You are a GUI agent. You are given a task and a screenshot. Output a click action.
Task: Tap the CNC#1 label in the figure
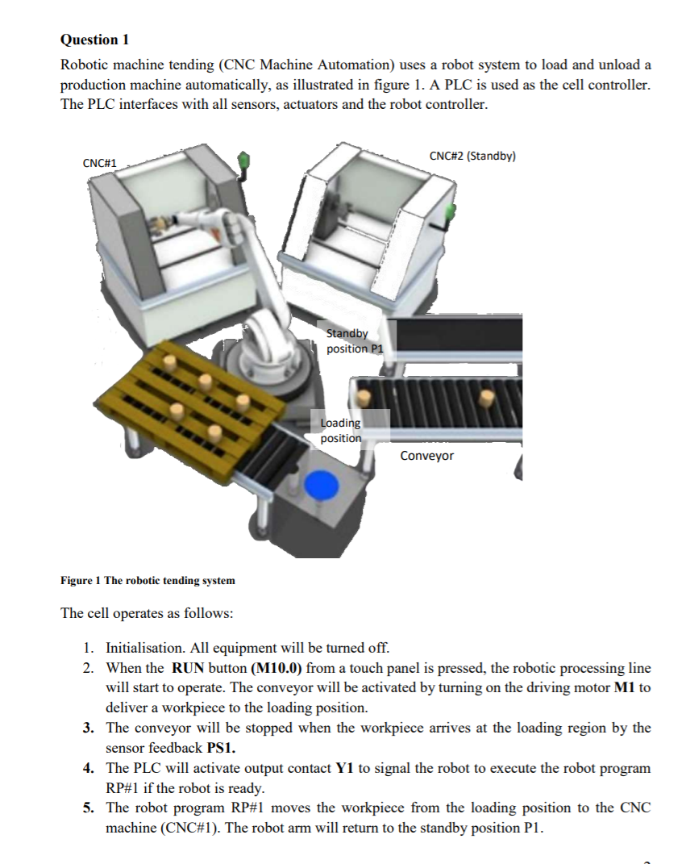(x=100, y=163)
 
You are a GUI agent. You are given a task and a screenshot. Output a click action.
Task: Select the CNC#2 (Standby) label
(x=472, y=156)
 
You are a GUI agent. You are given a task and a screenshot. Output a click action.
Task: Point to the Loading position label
(x=341, y=430)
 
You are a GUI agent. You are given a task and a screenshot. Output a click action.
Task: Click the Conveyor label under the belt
(x=426, y=456)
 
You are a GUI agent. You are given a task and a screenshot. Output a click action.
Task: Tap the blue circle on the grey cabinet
(x=323, y=484)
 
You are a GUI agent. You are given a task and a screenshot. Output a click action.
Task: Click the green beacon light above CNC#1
(x=244, y=158)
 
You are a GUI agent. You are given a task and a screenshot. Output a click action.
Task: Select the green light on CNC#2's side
(x=451, y=212)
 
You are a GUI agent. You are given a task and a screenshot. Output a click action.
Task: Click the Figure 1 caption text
(x=148, y=580)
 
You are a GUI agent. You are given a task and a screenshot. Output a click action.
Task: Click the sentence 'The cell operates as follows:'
(x=147, y=613)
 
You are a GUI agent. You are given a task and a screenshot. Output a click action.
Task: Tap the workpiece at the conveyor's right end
(x=486, y=397)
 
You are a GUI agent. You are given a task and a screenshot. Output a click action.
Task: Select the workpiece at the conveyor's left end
(x=364, y=397)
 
